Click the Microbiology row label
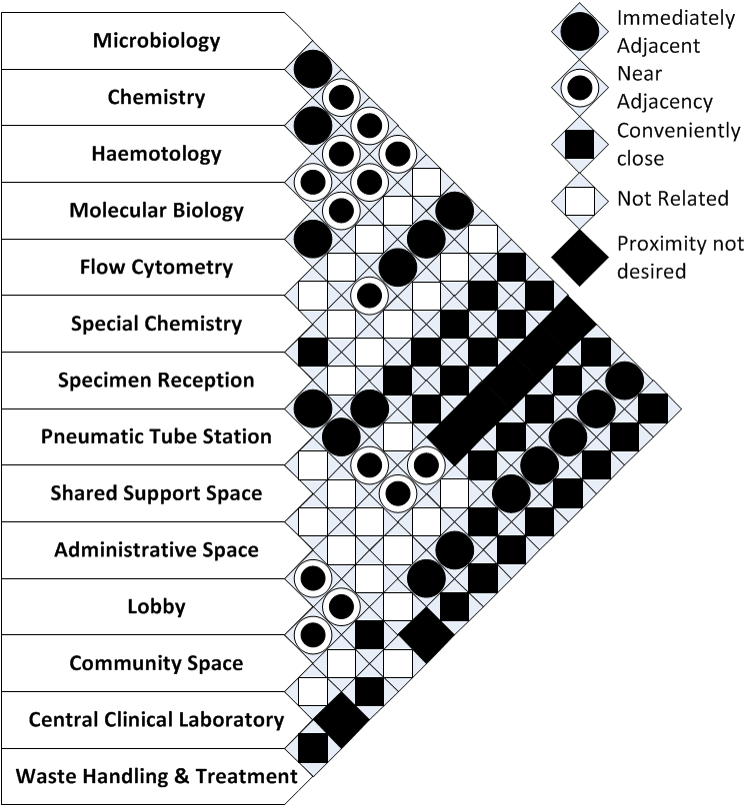tap(156, 41)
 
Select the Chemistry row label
tap(156, 97)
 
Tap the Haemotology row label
tap(156, 154)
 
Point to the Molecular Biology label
tap(156, 211)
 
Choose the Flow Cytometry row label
tap(156, 267)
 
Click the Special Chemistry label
tap(156, 324)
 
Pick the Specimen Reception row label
tap(156, 380)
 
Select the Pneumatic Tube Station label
tap(156, 436)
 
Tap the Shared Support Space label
tap(156, 493)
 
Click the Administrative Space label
tap(156, 549)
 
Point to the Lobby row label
tap(156, 606)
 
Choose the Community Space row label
tap(156, 663)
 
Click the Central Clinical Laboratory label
tap(156, 719)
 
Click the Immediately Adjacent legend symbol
tap(582, 31)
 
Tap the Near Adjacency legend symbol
tap(582, 87)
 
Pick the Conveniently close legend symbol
tap(582, 145)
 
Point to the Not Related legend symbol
tap(582, 200)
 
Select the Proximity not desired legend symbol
tap(582, 257)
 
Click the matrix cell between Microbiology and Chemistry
tap(312, 69)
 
